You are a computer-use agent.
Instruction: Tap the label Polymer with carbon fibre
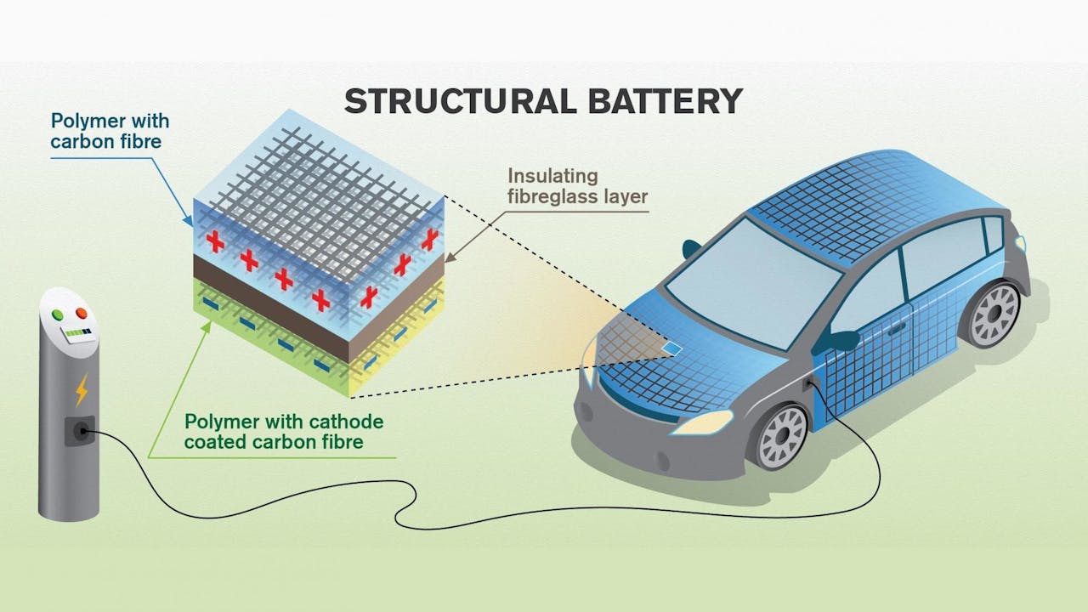[x=107, y=130]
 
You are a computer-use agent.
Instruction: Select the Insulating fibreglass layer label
[x=577, y=186]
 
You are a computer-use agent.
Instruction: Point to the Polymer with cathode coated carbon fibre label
[x=283, y=431]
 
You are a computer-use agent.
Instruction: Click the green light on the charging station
[x=59, y=314]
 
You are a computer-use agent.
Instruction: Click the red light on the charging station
[x=82, y=313]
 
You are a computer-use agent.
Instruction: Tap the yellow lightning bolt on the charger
[x=82, y=390]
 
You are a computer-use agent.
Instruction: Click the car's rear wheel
[x=994, y=312]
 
